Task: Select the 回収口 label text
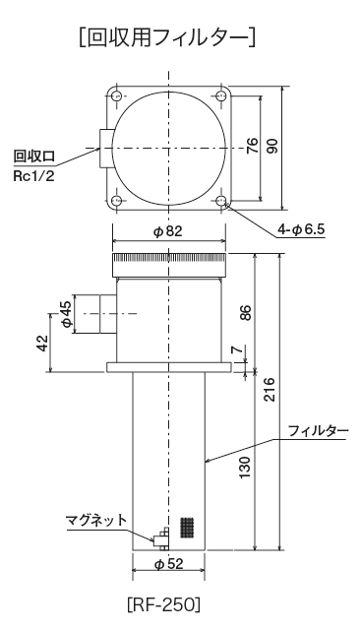point(32,156)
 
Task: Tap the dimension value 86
point(247,313)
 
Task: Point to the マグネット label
point(94,520)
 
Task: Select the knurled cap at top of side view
point(169,263)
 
